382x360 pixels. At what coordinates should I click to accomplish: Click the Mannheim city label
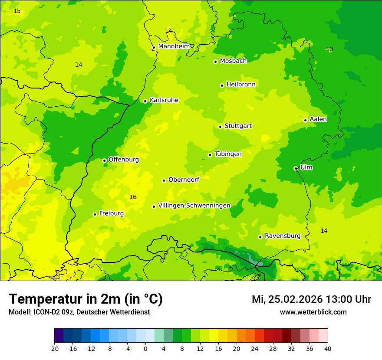(x=174, y=46)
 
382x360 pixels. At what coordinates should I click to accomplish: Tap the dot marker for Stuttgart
(x=220, y=127)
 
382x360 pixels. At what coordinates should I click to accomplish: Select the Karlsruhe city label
(x=164, y=100)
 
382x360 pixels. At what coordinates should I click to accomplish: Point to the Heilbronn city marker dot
(x=222, y=85)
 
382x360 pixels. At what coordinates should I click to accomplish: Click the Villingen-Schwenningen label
(x=194, y=206)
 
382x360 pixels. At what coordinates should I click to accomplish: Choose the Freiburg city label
(x=111, y=213)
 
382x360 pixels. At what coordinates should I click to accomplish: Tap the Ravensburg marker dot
(x=260, y=237)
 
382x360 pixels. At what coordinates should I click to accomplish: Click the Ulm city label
(x=306, y=167)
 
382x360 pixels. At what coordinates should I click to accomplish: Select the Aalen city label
(x=318, y=119)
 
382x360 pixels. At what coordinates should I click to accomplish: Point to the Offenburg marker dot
(x=104, y=160)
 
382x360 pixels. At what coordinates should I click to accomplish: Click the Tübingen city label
(x=228, y=154)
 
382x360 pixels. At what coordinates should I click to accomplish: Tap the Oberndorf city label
(x=184, y=180)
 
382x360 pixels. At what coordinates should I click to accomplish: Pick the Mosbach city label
(x=233, y=61)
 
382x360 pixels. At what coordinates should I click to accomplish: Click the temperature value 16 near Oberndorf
(x=133, y=197)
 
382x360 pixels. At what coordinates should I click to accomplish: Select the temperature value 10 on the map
(x=329, y=49)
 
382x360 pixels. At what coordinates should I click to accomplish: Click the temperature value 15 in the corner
(x=17, y=11)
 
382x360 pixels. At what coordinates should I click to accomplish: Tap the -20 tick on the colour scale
(x=54, y=348)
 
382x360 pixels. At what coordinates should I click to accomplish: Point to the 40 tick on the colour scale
(x=328, y=348)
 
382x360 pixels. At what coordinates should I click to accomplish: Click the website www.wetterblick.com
(x=313, y=312)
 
